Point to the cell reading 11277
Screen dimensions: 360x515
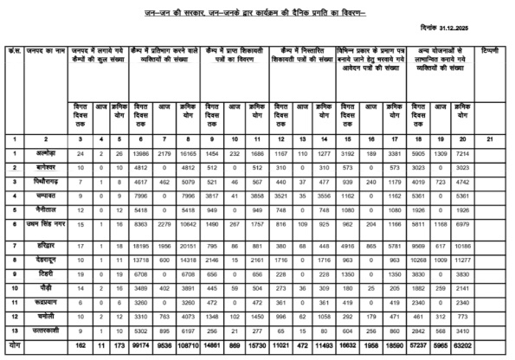pos(463,260)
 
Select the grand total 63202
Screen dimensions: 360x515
pos(463,344)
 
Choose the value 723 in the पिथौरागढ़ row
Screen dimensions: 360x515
pos(441,182)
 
